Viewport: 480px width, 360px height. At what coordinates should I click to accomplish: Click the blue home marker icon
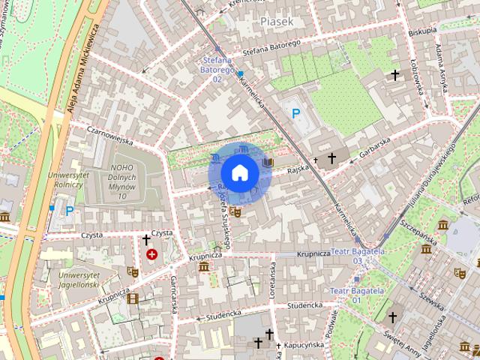[239, 172]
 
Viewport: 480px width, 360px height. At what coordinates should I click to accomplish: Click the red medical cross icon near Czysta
[152, 255]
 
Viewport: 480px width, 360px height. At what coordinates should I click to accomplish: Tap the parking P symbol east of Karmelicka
[297, 113]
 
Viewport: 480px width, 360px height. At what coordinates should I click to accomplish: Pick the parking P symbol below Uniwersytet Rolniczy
[69, 211]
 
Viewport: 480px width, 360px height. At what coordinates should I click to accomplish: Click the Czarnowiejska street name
[109, 140]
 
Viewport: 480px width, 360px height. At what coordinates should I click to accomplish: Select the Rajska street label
[297, 169]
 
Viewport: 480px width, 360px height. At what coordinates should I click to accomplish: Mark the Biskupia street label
[423, 31]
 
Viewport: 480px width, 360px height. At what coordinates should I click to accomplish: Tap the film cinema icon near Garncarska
[133, 298]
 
